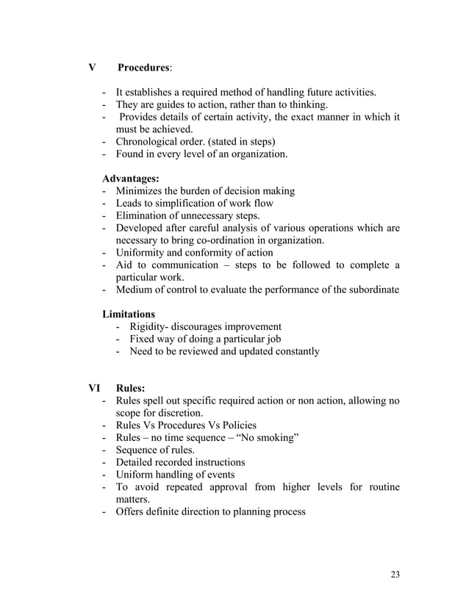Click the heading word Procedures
click(144, 68)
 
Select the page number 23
click(395, 575)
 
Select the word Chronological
click(148, 142)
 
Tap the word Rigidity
click(148, 327)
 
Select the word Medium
click(135, 290)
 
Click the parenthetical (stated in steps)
click(240, 142)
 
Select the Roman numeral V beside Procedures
click(92, 68)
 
